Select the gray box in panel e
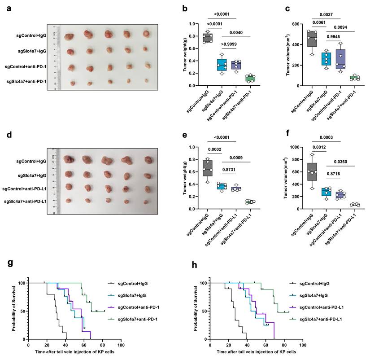(207, 167)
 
